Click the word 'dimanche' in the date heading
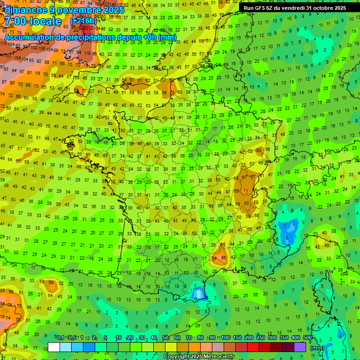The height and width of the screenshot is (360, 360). pos(26,10)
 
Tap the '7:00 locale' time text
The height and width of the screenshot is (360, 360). pos(32,21)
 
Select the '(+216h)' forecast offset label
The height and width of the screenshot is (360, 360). pos(83,21)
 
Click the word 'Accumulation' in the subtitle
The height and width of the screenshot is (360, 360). pos(28,37)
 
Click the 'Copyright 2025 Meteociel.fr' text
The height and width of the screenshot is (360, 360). pos(200,357)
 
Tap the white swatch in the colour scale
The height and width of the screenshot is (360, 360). pos(54,347)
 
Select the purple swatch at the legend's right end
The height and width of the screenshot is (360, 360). pos(300,347)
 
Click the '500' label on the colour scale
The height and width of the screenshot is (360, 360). pos(307,337)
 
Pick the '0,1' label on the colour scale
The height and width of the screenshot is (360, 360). pos(60,337)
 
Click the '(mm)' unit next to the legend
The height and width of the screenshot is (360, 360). pos(317,348)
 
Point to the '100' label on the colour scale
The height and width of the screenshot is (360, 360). pos(225,337)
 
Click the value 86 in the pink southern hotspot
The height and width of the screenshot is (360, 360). pos(224,257)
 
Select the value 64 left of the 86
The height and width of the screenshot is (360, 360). pos(215,258)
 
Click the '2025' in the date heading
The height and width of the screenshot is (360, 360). pos(114,10)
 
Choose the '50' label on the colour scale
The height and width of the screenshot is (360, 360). pos(165,337)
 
